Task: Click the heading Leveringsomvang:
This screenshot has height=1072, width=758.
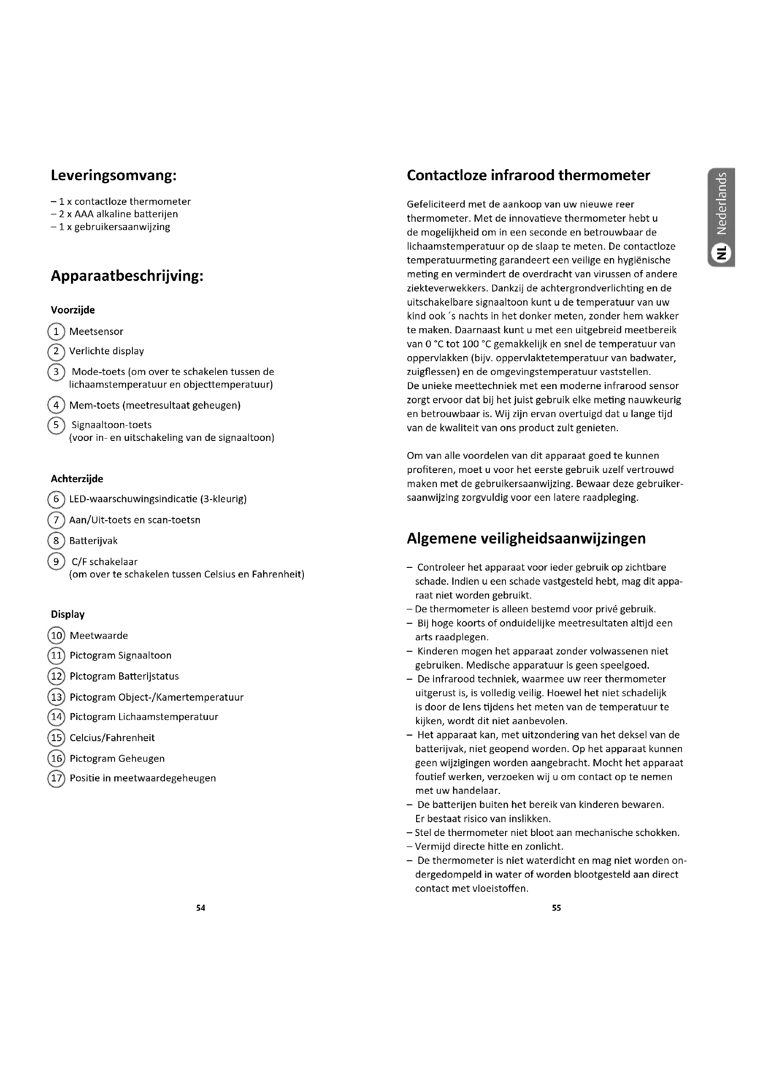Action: tap(113, 176)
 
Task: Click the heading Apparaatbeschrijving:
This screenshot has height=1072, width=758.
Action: tap(126, 276)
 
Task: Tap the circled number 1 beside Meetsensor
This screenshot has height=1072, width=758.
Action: tap(56, 331)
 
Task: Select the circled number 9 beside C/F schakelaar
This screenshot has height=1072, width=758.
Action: tap(56, 561)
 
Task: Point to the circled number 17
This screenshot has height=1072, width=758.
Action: tap(56, 778)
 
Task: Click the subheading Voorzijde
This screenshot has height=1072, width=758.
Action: tap(73, 310)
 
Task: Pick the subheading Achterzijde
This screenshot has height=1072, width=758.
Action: tap(77, 478)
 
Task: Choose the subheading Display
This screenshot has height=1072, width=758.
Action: tap(68, 615)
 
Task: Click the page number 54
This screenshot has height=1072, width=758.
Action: tap(201, 907)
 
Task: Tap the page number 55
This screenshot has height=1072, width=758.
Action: tap(556, 907)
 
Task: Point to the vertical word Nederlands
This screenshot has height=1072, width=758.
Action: tap(722, 203)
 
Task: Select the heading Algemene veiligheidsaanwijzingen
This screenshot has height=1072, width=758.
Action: tap(526, 539)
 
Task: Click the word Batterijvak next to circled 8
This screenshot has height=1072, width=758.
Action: tap(93, 541)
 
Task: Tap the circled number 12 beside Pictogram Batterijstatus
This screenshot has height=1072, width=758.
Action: tap(56, 676)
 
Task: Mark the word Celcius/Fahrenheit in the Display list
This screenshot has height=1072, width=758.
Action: tap(112, 738)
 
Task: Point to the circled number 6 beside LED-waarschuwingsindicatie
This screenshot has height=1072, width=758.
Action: tap(56, 499)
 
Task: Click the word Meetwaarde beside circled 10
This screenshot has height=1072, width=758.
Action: tap(99, 635)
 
